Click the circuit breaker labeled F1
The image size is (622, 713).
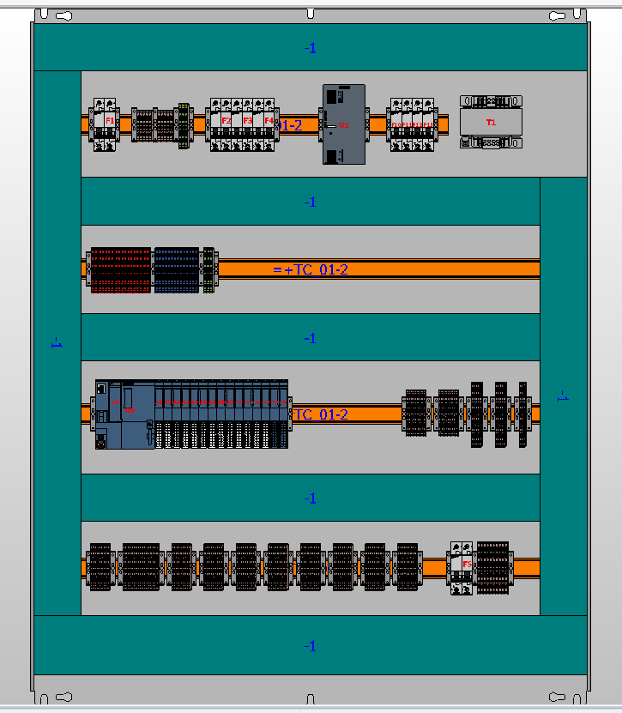[106, 124]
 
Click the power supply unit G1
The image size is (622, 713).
[343, 124]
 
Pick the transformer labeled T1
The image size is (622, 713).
[490, 122]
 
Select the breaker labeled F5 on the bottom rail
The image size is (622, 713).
[462, 567]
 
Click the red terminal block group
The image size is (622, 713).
[121, 269]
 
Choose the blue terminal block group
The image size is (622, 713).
[176, 269]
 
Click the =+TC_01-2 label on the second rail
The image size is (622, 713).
[311, 269]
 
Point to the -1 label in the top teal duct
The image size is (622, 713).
[311, 48]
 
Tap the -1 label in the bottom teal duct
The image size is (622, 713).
[311, 646]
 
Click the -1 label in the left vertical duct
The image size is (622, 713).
[57, 343]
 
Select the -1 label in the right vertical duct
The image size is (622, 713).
[563, 396]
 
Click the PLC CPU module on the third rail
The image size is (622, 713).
[125, 414]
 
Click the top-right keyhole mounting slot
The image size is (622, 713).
[558, 16]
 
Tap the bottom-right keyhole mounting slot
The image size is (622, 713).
[558, 697]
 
